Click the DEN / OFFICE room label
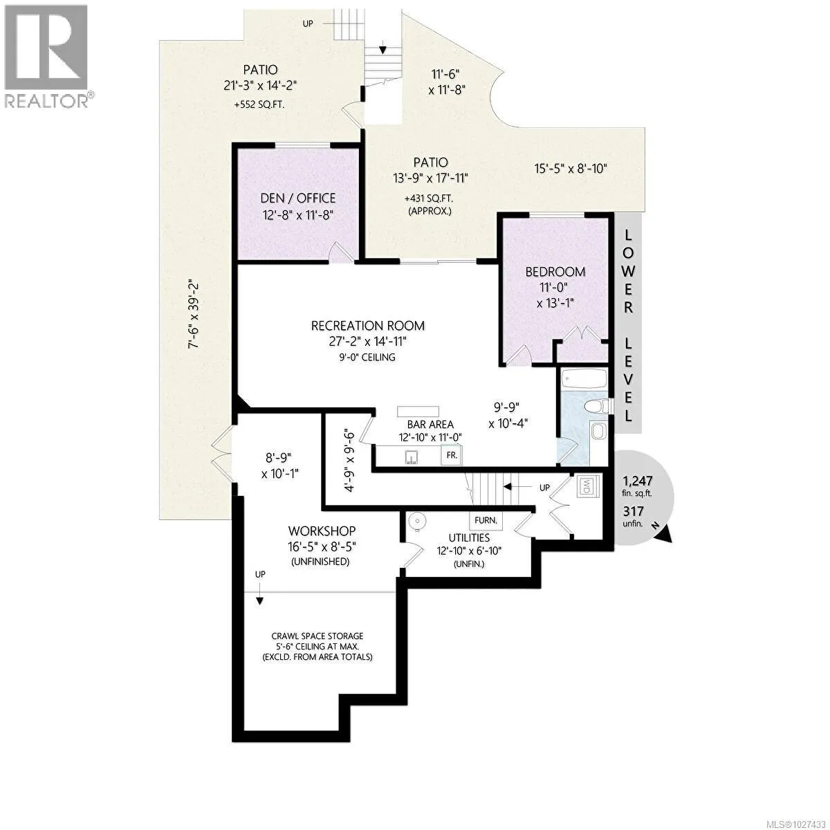click(298, 198)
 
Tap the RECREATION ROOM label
click(368, 326)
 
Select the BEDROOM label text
click(555, 272)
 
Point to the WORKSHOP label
click(322, 531)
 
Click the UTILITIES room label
click(469, 537)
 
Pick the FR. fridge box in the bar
click(452, 455)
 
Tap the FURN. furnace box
click(486, 520)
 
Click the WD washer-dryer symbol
click(587, 486)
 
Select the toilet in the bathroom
click(598, 406)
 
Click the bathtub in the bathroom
click(584, 380)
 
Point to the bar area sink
click(412, 457)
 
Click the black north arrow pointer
click(664, 535)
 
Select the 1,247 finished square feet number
click(638, 481)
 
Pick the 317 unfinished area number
click(633, 511)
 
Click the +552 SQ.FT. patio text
click(259, 104)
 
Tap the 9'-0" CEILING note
click(367, 357)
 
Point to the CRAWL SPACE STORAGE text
click(317, 636)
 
